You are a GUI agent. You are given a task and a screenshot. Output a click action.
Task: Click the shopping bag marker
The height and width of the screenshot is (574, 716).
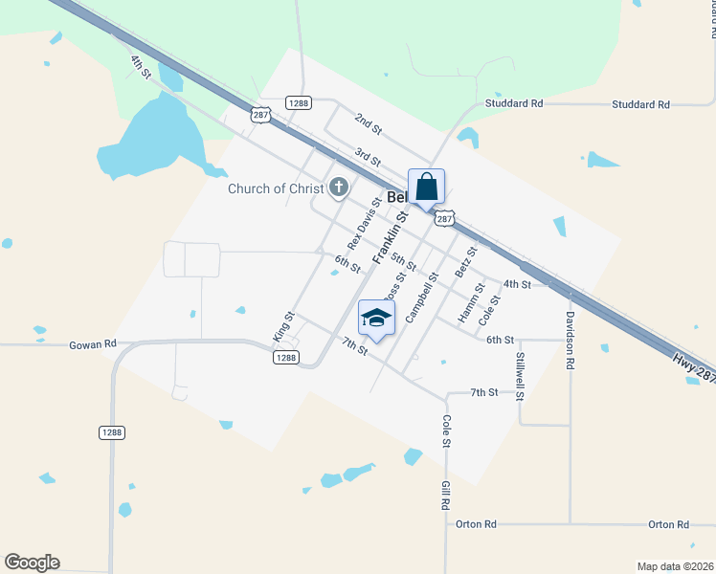[426, 187]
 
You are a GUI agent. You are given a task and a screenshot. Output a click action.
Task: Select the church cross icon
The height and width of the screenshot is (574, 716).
[338, 188]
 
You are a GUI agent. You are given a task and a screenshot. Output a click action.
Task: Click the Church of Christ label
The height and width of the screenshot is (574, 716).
[276, 188]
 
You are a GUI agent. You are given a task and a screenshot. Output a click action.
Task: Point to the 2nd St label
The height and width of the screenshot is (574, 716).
[368, 122]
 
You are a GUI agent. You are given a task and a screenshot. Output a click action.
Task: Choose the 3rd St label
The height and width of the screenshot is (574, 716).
[368, 155]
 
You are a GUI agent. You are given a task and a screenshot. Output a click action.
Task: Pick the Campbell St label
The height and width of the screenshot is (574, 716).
[421, 296]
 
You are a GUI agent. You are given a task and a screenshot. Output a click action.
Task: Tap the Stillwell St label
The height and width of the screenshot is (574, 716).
[520, 375]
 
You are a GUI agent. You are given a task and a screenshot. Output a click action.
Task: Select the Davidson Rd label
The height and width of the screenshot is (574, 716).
[571, 340]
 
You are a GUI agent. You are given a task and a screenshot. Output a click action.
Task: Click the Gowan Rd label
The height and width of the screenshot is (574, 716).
[92, 343]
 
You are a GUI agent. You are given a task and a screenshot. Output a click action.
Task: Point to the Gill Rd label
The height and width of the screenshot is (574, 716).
[446, 496]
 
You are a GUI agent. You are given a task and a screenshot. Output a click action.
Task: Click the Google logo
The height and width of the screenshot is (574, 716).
[32, 563]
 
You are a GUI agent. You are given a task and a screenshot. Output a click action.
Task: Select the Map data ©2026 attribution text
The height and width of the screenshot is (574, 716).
[674, 566]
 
